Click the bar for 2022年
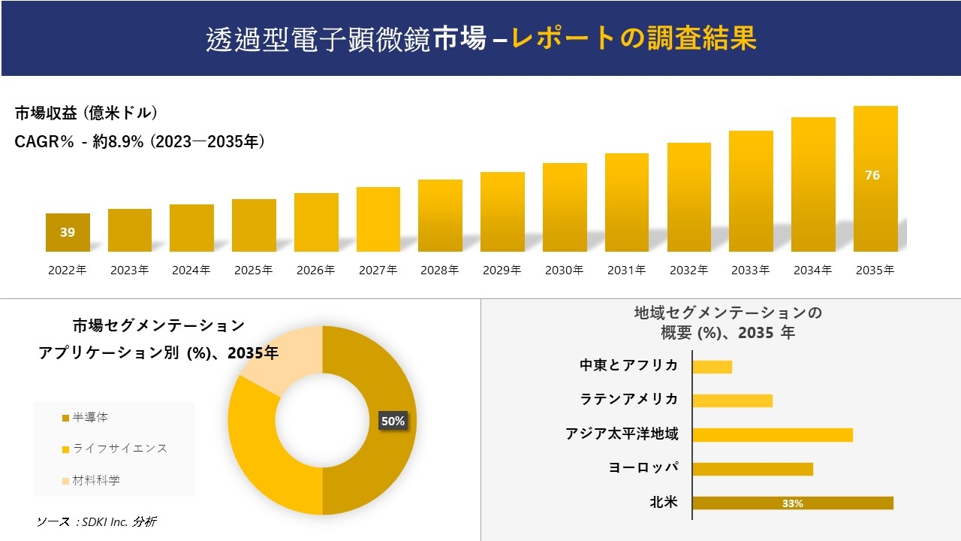[68, 233]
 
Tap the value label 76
[872, 175]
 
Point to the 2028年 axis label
[439, 270]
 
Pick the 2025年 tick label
[253, 270]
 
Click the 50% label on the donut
[393, 422]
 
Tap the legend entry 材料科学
[95, 480]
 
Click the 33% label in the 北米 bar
[792, 503]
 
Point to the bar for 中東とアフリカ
[712, 367]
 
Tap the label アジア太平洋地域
[622, 434]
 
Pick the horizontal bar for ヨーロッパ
[752, 469]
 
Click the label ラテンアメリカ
[629, 400]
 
